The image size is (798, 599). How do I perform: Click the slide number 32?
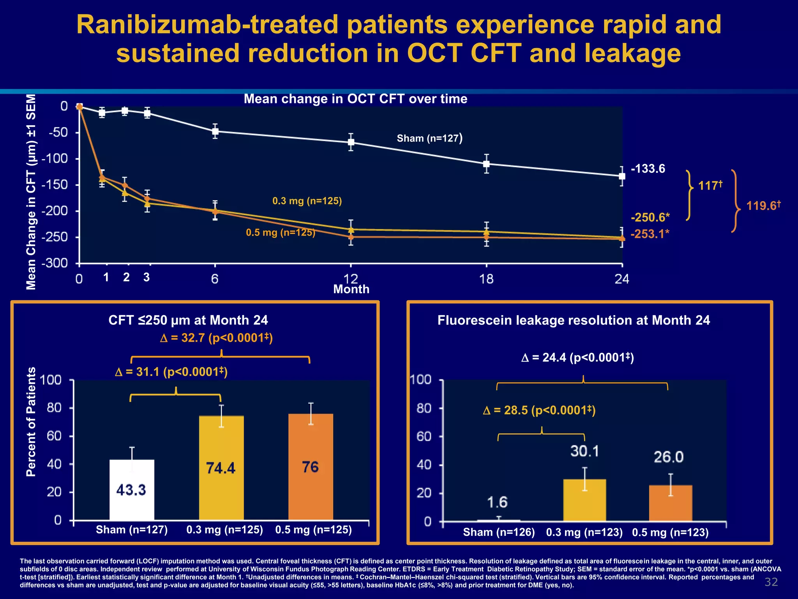(771, 582)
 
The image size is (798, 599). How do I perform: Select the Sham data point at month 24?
(622, 176)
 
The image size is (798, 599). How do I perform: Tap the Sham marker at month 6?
(215, 131)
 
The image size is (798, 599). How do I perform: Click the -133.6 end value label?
(648, 169)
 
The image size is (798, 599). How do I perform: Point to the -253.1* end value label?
(650, 234)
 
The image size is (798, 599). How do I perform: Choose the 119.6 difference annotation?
(763, 206)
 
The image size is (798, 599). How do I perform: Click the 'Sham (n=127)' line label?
(429, 138)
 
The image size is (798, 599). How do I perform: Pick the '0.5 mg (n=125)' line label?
(281, 233)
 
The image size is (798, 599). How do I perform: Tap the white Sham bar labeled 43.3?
(132, 490)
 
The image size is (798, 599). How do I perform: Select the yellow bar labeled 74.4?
(221, 468)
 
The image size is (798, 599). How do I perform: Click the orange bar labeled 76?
(311, 467)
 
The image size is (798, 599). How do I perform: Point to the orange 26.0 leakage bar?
(670, 503)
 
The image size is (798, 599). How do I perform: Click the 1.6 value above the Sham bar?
(498, 502)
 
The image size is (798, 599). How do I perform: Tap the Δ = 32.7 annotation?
(216, 338)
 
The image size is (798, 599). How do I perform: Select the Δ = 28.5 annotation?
(539, 410)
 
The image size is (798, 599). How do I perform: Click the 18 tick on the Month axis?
(486, 279)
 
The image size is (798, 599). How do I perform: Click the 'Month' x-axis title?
(351, 289)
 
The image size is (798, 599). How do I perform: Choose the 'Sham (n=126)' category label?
(499, 532)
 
